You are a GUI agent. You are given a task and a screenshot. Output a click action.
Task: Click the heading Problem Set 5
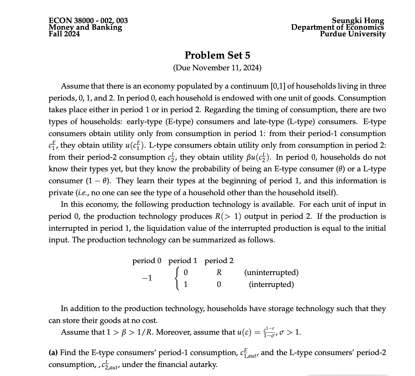click(217, 55)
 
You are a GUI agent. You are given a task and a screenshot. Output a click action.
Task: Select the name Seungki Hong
click(358, 21)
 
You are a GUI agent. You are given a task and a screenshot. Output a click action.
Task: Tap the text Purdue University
click(353, 34)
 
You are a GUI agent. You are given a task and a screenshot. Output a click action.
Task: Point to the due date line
click(217, 68)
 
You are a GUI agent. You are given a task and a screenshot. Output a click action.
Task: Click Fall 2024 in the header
click(64, 34)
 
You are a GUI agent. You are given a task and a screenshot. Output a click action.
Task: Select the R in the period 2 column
click(219, 273)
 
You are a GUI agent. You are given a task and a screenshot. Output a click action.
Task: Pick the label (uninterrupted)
click(271, 273)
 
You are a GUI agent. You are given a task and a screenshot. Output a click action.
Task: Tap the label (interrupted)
click(271, 285)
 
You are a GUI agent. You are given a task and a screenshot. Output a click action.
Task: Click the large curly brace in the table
click(176, 278)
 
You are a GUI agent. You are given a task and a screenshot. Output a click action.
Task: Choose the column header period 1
click(183, 261)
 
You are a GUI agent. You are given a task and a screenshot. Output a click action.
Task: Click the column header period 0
click(147, 261)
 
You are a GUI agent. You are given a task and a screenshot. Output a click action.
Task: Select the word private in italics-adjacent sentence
click(61, 193)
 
